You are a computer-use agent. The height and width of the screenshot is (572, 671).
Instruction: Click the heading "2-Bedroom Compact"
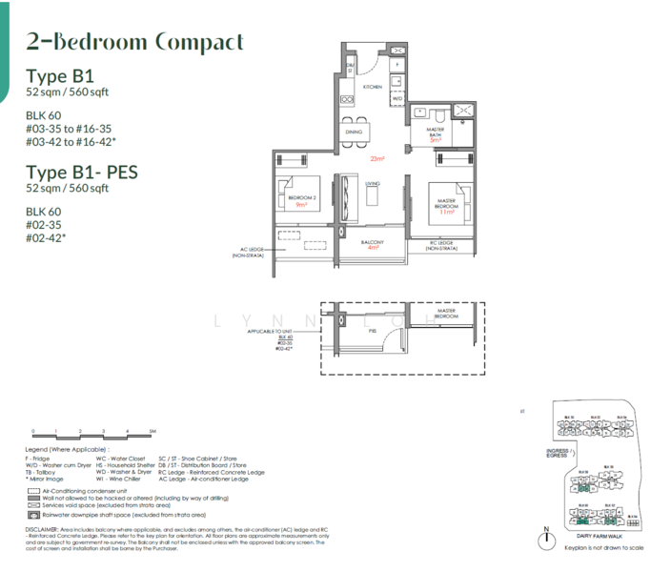[x=135, y=43]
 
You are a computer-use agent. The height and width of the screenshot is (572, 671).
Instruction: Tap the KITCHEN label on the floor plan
[x=372, y=87]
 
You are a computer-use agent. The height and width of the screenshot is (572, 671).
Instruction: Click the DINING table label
[x=354, y=133]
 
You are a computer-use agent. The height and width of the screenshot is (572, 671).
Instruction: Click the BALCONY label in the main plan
[x=373, y=243]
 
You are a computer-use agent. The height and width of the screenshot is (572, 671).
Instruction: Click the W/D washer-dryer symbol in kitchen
[x=397, y=98]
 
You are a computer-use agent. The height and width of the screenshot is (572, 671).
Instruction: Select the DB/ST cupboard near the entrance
[x=350, y=66]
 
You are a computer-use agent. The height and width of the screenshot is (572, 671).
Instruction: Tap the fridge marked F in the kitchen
[x=397, y=63]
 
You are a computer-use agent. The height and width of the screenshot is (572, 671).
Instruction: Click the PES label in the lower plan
[x=374, y=332]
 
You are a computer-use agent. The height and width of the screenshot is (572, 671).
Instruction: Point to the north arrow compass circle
[x=546, y=541]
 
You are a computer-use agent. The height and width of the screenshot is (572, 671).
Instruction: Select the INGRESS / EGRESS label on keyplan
[x=557, y=453]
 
